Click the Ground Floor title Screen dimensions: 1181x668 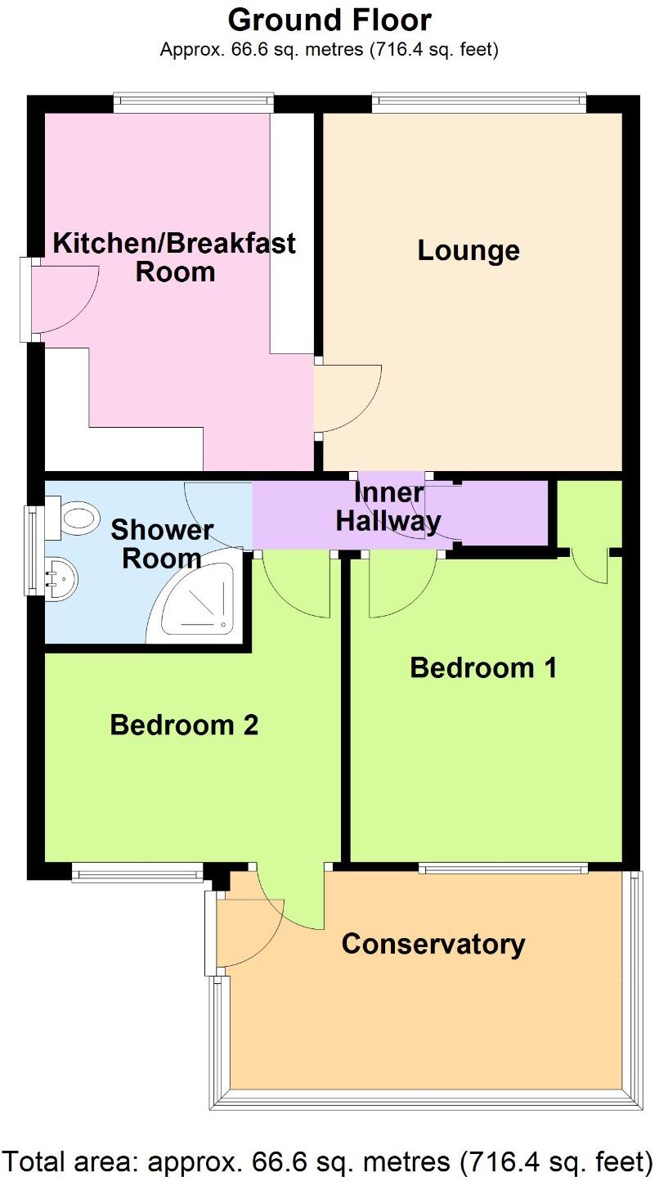pos(330,19)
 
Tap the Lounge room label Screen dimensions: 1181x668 pos(468,250)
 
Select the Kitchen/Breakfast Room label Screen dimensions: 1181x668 pos(174,257)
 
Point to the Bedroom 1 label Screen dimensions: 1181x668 pos(483,667)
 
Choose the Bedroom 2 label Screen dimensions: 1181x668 pos(184,725)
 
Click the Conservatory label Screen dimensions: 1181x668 pos(433,944)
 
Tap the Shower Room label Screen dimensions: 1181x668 pos(162,545)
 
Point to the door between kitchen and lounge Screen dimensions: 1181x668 pos(347,398)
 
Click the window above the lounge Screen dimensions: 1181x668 pos(478,102)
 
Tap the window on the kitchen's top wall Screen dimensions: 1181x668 pos(193,102)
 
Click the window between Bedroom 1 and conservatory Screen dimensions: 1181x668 pos(503,869)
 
